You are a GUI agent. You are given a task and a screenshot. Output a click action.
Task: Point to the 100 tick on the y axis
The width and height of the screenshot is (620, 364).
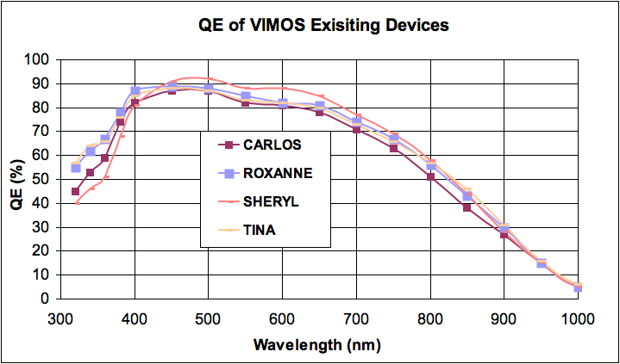[x=38, y=59]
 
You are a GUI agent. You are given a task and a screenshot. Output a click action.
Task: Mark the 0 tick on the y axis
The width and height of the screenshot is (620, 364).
[x=45, y=299]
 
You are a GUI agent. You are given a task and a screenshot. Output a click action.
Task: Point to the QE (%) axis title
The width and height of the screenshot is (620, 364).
[x=15, y=179]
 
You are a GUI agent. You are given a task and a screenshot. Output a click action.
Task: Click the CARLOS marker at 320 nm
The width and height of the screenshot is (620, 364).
[x=75, y=191]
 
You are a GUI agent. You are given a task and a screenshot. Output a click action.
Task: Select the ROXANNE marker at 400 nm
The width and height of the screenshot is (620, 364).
[x=135, y=91]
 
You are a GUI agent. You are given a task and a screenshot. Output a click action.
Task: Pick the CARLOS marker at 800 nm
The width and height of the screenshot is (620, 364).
[x=430, y=176]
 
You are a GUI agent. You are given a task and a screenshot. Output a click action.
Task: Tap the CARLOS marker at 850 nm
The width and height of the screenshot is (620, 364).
[x=467, y=207]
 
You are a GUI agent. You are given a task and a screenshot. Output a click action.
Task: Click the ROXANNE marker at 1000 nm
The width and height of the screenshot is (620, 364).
[x=578, y=288]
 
